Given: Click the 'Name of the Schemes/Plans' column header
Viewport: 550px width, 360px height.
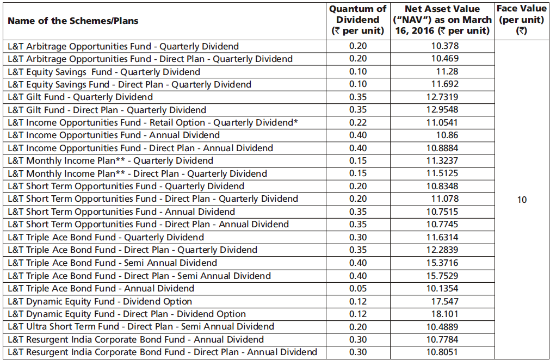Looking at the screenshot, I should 73,21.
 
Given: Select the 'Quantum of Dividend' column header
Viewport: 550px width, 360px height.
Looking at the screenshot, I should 357,20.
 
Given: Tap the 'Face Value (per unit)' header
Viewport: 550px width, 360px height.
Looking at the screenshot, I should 521,20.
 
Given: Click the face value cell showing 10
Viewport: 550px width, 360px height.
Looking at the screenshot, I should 521,200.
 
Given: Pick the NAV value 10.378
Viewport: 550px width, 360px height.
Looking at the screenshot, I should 444,46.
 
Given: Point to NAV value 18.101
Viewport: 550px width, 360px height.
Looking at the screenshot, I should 444,314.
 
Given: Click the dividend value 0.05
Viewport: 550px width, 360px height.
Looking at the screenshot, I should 357,288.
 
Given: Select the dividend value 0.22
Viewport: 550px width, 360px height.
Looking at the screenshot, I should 357,123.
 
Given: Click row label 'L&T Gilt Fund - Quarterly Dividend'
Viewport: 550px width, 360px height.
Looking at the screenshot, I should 81,97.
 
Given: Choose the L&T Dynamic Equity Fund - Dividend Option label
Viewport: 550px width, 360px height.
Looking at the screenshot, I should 100,301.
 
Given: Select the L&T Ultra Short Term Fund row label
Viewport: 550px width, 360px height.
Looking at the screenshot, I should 141,327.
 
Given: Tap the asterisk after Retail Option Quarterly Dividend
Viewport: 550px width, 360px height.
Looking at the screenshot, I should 295,122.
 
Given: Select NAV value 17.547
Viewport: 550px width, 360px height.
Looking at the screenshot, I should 444,301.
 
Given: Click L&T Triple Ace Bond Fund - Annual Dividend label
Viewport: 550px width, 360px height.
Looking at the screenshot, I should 101,288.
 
